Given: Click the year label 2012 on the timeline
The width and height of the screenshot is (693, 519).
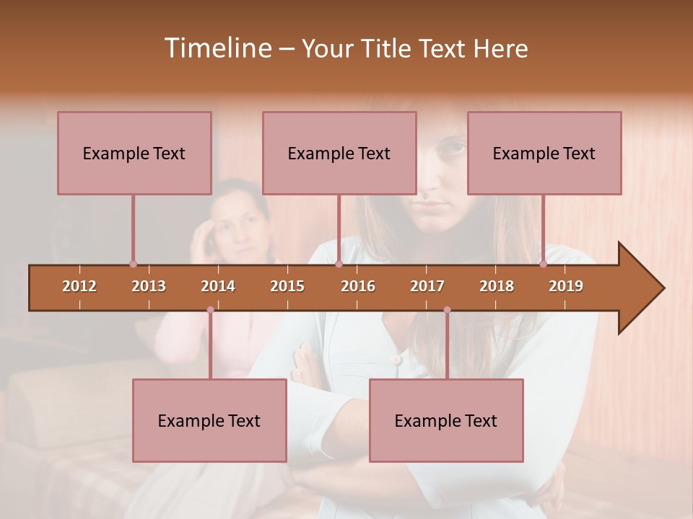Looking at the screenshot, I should pos(79,286).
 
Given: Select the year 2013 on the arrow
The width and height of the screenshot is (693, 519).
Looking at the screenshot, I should pos(149,286).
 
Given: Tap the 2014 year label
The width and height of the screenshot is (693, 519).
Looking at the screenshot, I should pos(218,286).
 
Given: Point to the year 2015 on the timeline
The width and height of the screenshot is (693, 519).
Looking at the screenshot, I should pos(287,286).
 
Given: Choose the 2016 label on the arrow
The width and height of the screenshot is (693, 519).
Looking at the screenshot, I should pos(358,286).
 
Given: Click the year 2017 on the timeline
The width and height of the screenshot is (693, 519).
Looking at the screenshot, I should pos(427,286).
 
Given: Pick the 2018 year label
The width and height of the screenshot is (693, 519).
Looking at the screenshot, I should pos(497,286).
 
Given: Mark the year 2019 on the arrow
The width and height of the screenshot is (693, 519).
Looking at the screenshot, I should pos(566,286).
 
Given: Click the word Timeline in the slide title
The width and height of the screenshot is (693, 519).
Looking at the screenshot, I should pos(217,48).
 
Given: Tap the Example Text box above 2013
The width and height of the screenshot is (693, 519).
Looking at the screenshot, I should pos(134,153).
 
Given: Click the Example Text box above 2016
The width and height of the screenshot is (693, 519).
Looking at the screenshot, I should pos(339,153).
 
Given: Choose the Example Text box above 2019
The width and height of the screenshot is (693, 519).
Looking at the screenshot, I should pos(544,153).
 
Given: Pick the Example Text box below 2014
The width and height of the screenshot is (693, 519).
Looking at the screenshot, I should pos(209,420).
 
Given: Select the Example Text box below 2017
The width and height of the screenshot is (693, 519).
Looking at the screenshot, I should pos(446,420).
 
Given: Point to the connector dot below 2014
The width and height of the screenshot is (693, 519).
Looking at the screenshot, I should pos(210,310).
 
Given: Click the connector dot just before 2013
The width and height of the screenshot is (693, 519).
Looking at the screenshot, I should pos(133,264).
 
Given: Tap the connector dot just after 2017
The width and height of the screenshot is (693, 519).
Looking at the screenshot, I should pos(447,310).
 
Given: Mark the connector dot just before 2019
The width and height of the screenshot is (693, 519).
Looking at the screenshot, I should pos(543,264).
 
